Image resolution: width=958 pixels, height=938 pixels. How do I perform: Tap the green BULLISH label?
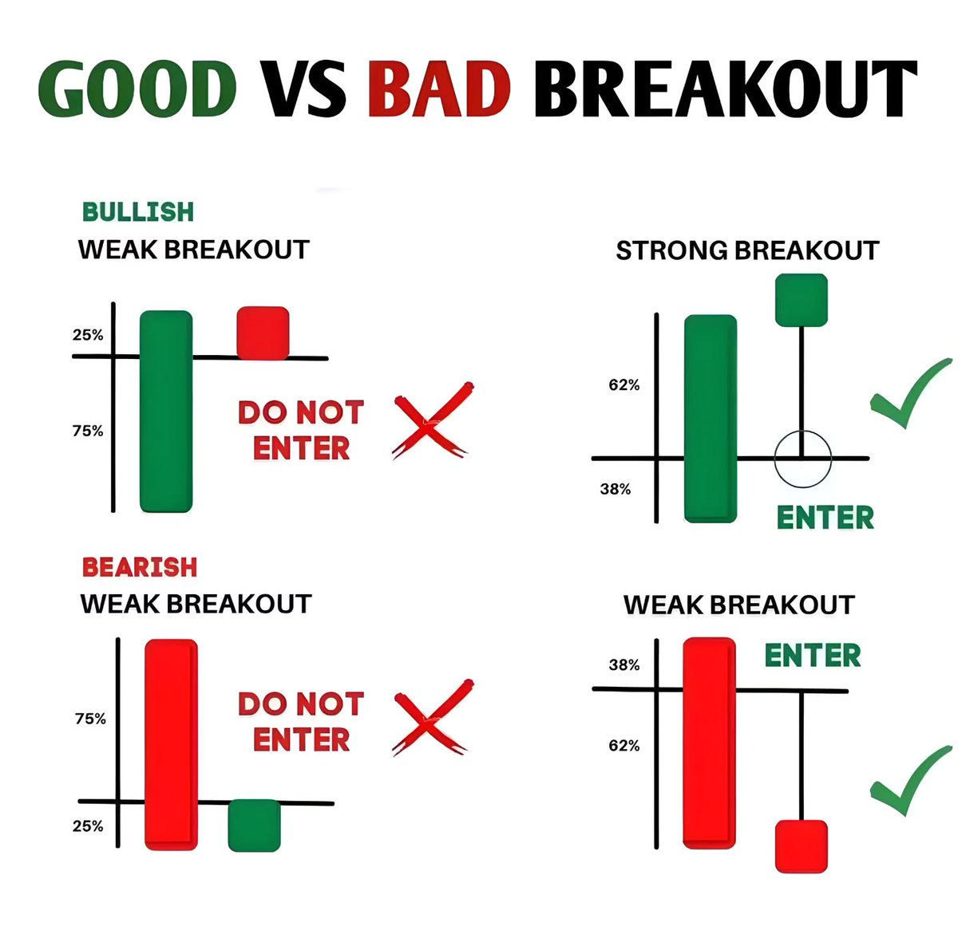[138, 211]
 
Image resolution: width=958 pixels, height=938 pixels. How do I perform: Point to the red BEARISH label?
[140, 567]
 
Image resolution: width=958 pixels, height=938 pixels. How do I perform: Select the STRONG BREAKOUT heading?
[747, 250]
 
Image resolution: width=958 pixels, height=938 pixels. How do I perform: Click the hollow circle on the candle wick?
[802, 459]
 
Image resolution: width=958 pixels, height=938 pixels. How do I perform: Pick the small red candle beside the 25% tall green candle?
[263, 332]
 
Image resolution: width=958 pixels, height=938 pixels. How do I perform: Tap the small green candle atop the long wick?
[802, 300]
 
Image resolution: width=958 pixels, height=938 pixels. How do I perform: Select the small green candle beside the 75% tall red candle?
[254, 826]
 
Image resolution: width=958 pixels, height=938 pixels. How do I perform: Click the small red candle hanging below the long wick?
[801, 845]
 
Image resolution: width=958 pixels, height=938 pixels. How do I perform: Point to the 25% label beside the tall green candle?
[88, 335]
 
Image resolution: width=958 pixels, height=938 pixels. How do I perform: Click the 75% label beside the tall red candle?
[90, 719]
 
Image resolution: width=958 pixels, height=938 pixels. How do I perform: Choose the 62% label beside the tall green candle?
[624, 385]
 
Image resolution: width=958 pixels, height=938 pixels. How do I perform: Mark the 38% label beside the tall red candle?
[624, 664]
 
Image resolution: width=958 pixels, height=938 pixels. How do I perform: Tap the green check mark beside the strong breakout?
[909, 395]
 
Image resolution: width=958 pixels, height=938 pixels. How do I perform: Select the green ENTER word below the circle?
[825, 518]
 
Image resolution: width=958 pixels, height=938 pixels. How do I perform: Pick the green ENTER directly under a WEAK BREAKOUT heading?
[813, 656]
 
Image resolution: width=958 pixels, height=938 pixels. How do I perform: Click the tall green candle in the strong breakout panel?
[711, 419]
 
